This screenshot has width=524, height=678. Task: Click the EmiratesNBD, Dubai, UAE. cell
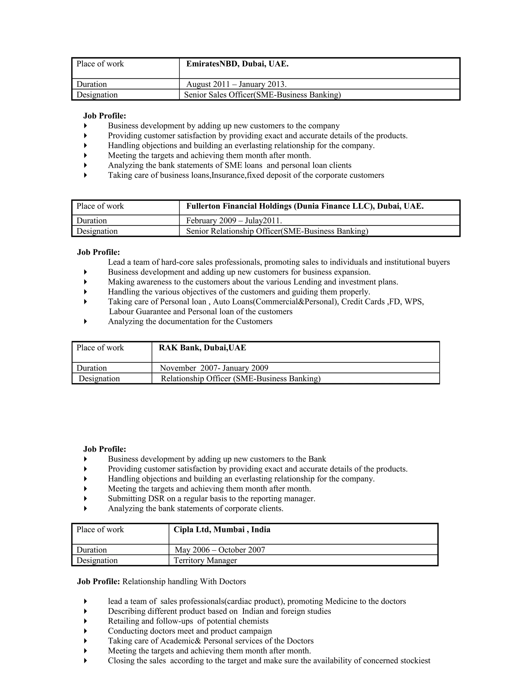pos(237,64)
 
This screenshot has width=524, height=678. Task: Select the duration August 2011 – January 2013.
pos(236,84)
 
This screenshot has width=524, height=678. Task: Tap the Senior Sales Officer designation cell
pos(262,95)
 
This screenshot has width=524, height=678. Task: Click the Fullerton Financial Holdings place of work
pos(304,206)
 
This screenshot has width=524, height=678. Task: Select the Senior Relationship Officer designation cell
pos(277,231)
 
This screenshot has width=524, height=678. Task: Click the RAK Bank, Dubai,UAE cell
pos(202,348)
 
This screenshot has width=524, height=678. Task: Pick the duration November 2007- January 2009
pos(214,368)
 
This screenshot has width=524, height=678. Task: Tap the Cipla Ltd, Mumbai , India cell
pos(222,530)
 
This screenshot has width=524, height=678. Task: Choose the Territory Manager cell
pos(205,561)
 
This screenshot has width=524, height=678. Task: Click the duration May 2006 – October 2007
pos(220,550)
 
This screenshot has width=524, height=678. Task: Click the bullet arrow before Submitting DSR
pos(86,499)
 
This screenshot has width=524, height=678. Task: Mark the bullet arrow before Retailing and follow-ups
pos(86,621)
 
